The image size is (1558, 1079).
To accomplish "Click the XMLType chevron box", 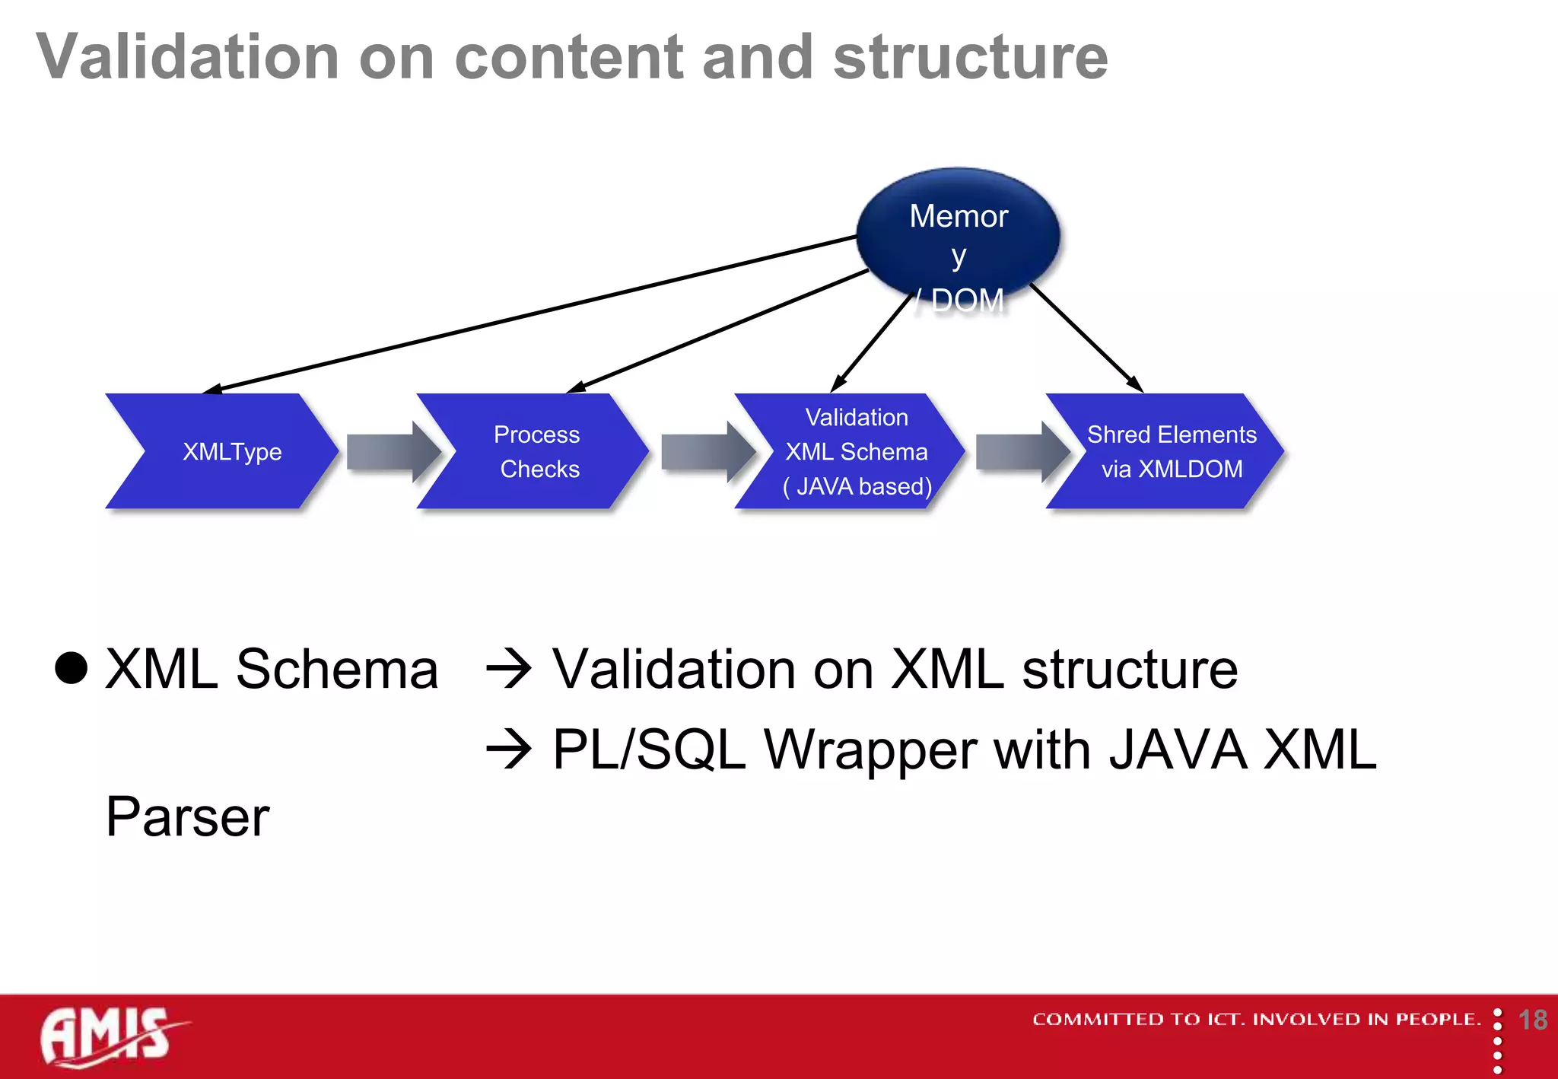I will pos(228,451).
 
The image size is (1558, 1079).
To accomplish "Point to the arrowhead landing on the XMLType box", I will pos(214,390).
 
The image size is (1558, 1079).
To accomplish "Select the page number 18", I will pos(1532,1020).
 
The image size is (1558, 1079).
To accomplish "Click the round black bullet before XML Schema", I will pos(72,669).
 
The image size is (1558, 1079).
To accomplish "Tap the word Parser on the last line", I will pos(187,817).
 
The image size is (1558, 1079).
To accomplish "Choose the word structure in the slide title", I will pos(970,57).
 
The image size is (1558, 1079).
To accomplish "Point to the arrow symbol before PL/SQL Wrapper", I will pos(508,750).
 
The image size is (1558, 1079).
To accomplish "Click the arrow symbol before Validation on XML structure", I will pos(508,670).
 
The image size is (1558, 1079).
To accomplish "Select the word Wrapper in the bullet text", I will pos(869,750).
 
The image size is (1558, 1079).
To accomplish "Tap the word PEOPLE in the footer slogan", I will pos(1437,1020).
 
